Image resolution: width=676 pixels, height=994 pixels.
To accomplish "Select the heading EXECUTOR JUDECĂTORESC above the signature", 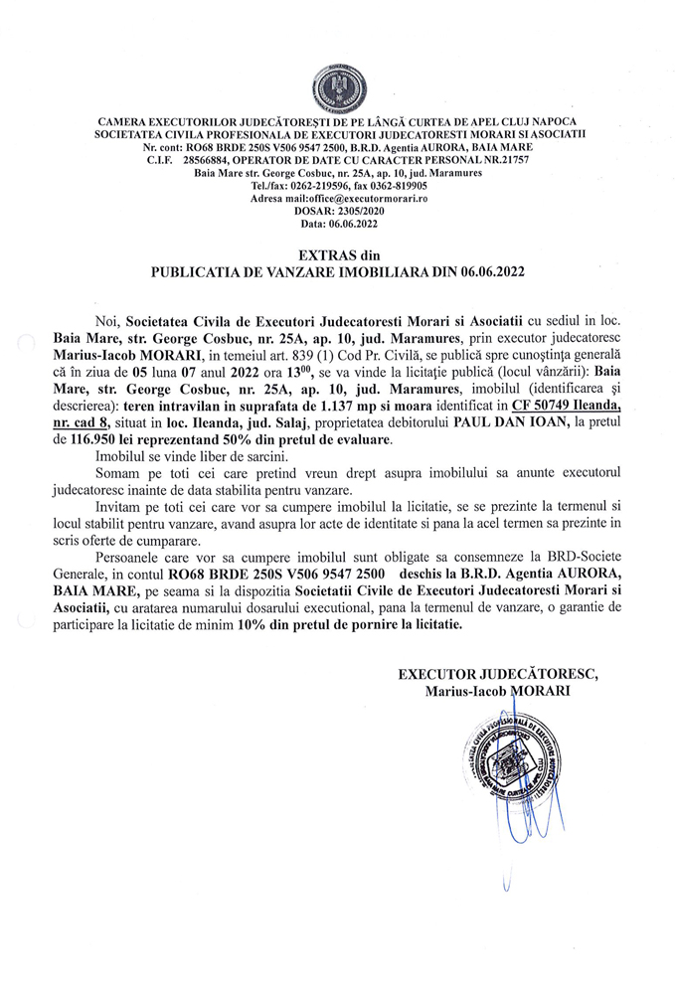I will tap(498, 673).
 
